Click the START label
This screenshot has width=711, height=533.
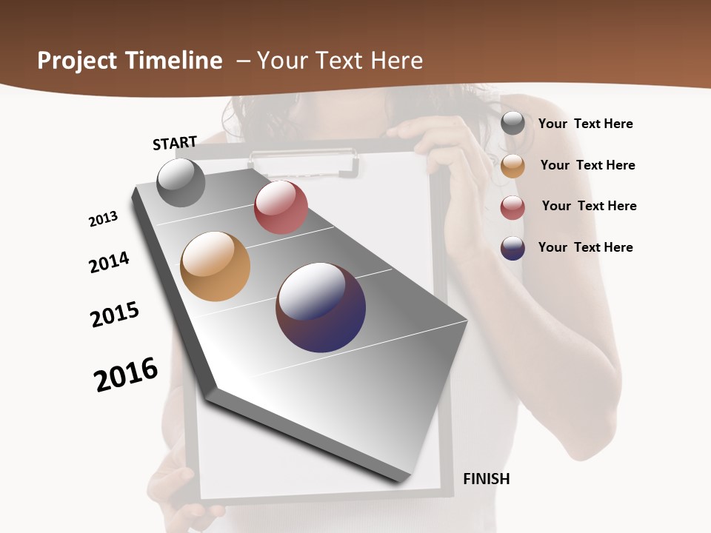[x=175, y=143]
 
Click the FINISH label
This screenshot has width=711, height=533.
[x=486, y=479]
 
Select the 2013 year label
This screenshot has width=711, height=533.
[x=103, y=219]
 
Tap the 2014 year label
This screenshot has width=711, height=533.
[x=109, y=262]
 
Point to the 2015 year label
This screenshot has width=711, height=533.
[x=115, y=315]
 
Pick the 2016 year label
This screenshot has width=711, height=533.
[x=126, y=375]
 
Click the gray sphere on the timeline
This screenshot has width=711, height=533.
[x=181, y=182]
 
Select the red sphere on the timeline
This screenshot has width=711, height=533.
[x=281, y=207]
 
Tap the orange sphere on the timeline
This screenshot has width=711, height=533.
[x=216, y=266]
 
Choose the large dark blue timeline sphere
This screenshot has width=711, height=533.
[x=321, y=307]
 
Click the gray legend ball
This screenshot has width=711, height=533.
[x=513, y=124]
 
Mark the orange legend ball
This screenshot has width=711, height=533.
[x=513, y=166]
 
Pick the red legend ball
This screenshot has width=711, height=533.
[x=513, y=207]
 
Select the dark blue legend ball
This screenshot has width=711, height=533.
[x=513, y=248]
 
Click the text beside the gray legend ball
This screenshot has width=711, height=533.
[x=585, y=124]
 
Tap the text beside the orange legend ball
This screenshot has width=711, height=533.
[x=587, y=165]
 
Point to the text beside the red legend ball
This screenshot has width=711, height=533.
[x=589, y=206]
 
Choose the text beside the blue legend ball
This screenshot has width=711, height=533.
[x=585, y=247]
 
